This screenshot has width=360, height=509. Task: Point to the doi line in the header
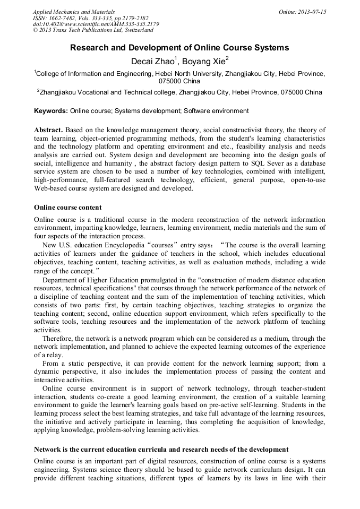(x=96, y=24)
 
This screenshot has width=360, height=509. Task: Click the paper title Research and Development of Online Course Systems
(x=179, y=48)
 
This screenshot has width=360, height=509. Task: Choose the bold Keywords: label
(x=51, y=111)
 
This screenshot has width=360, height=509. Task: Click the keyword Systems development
(x=147, y=111)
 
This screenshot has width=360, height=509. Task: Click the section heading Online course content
(x=68, y=207)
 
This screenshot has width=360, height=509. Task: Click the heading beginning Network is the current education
(x=161, y=450)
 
